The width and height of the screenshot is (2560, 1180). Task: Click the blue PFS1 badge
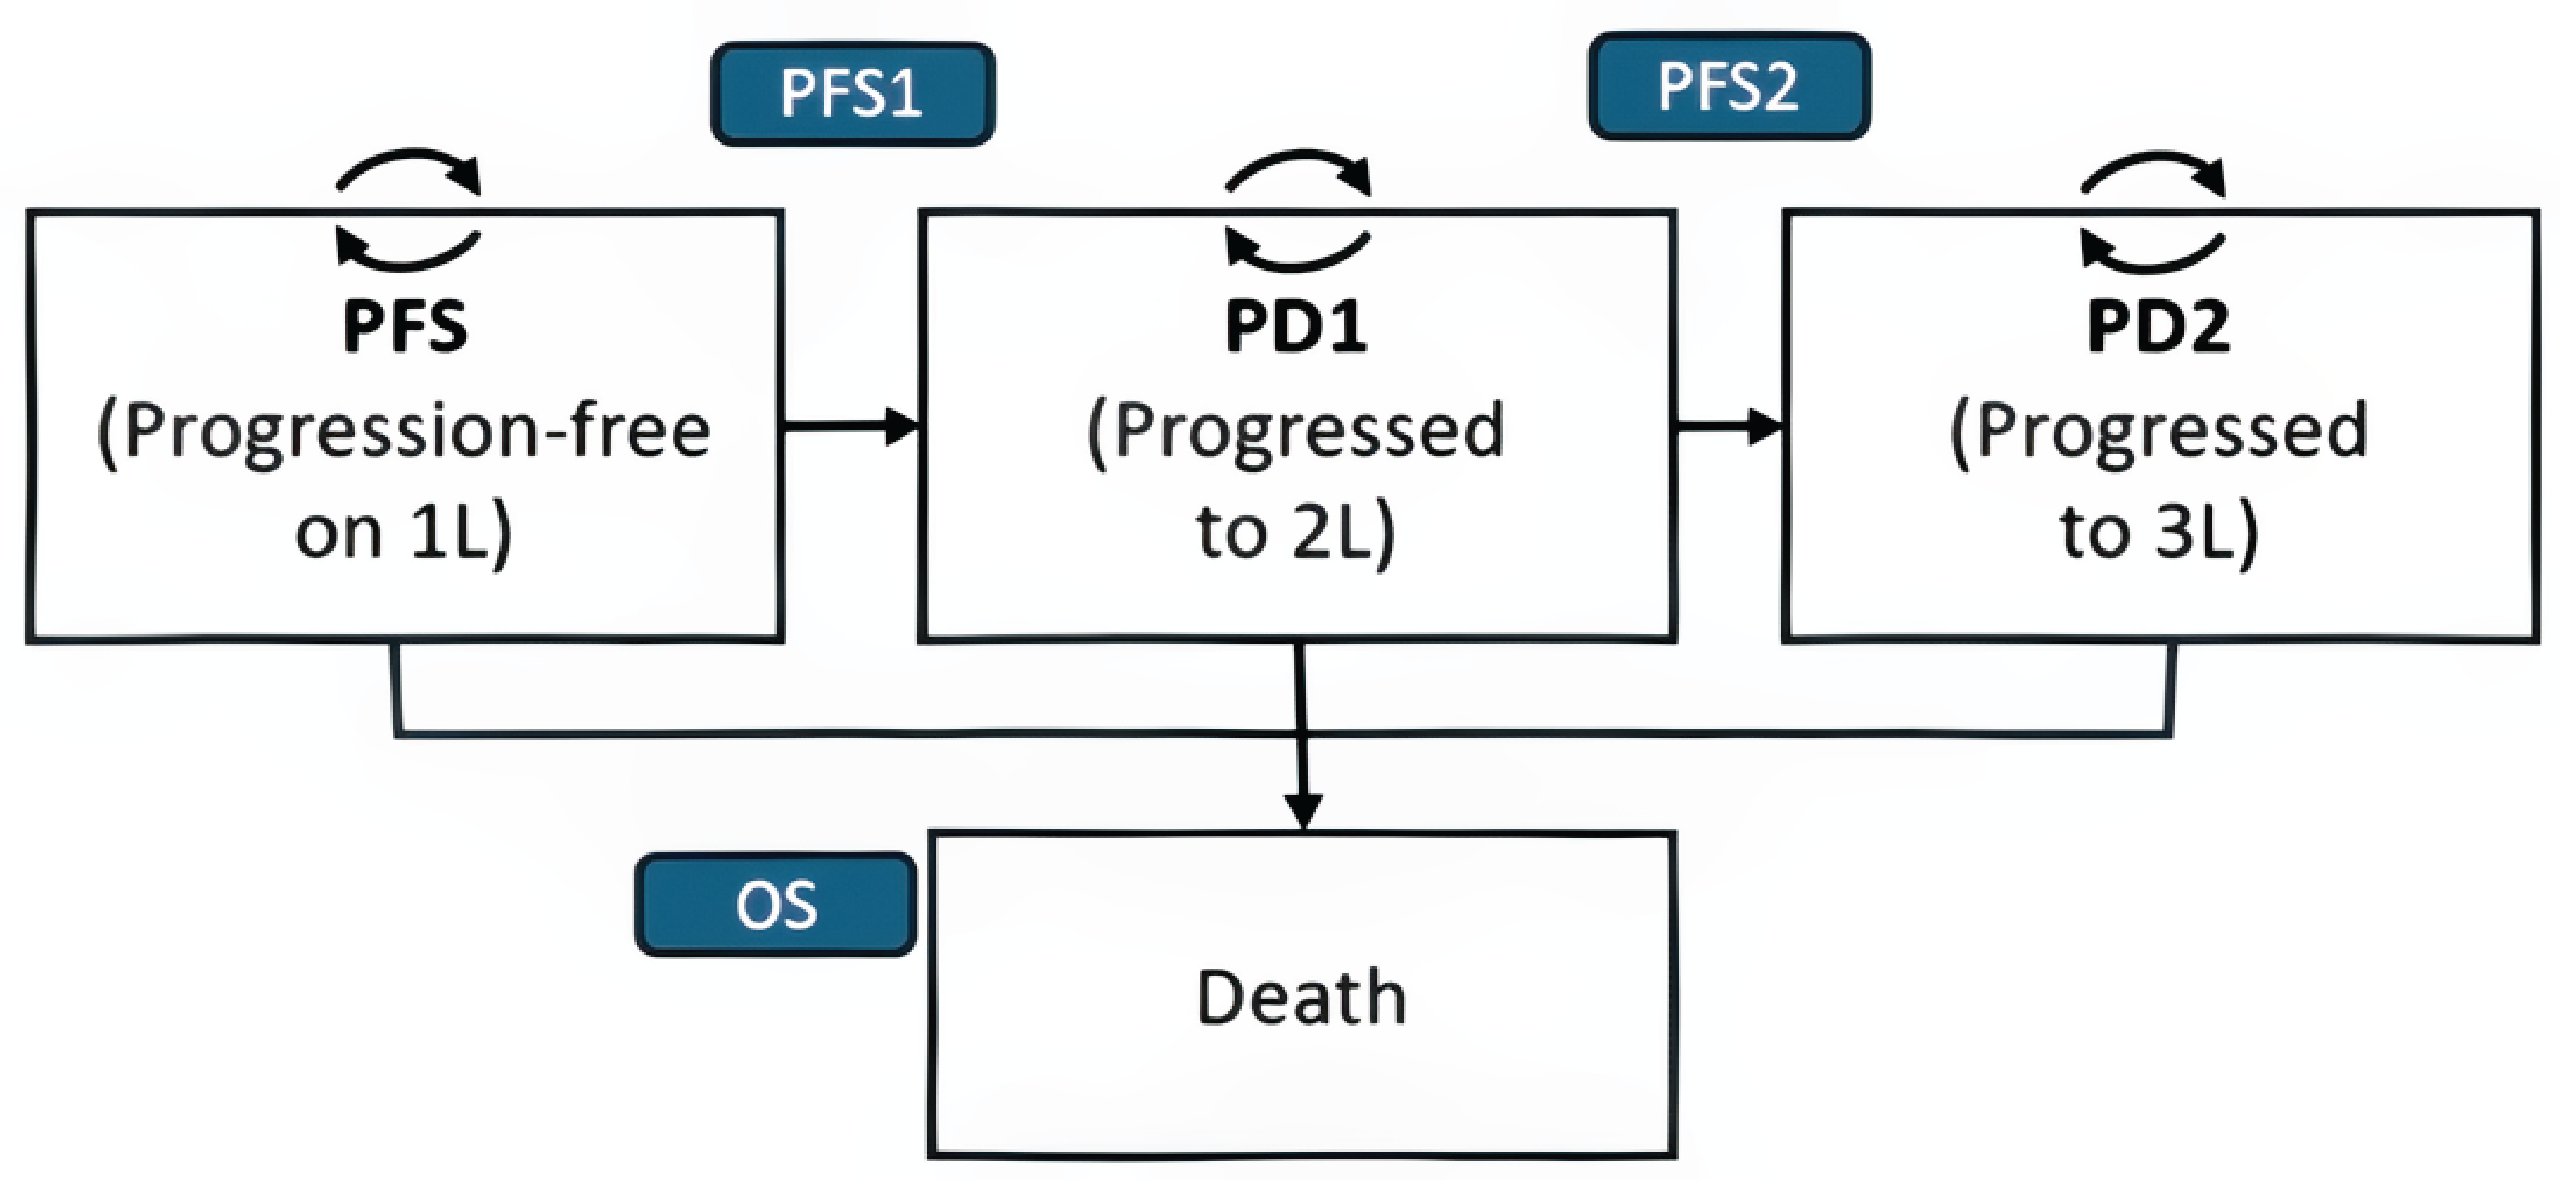pyautogui.click(x=852, y=95)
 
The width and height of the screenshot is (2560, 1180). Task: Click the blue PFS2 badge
pyautogui.click(x=1728, y=87)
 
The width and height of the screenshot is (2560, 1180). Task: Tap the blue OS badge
pyautogui.click(x=775, y=905)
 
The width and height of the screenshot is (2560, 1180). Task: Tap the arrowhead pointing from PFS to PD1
pyautogui.click(x=902, y=427)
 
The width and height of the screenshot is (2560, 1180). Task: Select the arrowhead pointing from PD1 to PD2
pyautogui.click(x=1765, y=427)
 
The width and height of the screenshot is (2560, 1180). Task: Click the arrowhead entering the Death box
pyautogui.click(x=1303, y=810)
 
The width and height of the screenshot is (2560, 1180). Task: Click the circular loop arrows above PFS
pyautogui.click(x=407, y=210)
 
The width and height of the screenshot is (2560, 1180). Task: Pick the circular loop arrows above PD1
pyautogui.click(x=1298, y=210)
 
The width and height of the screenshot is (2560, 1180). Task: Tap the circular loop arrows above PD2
pyautogui.click(x=2153, y=210)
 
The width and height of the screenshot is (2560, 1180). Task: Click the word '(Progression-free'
pyautogui.click(x=405, y=433)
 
